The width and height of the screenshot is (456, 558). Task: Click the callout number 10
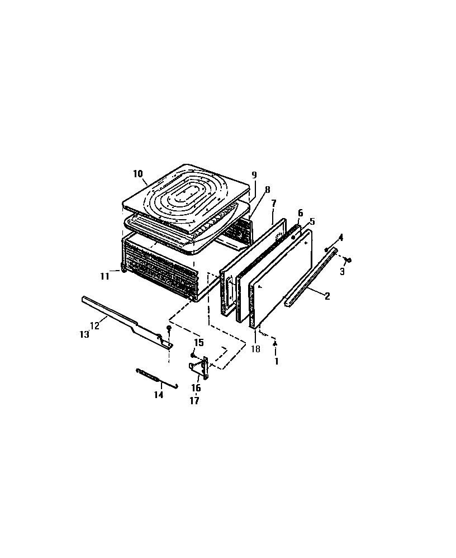[x=138, y=174]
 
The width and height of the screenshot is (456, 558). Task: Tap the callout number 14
[x=159, y=394]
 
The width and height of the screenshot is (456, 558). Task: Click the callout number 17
[x=196, y=400]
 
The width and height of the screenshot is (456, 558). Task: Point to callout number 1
[x=275, y=362]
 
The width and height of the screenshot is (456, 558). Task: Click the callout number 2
[x=327, y=296]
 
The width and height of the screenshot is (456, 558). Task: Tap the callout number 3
[x=342, y=272]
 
